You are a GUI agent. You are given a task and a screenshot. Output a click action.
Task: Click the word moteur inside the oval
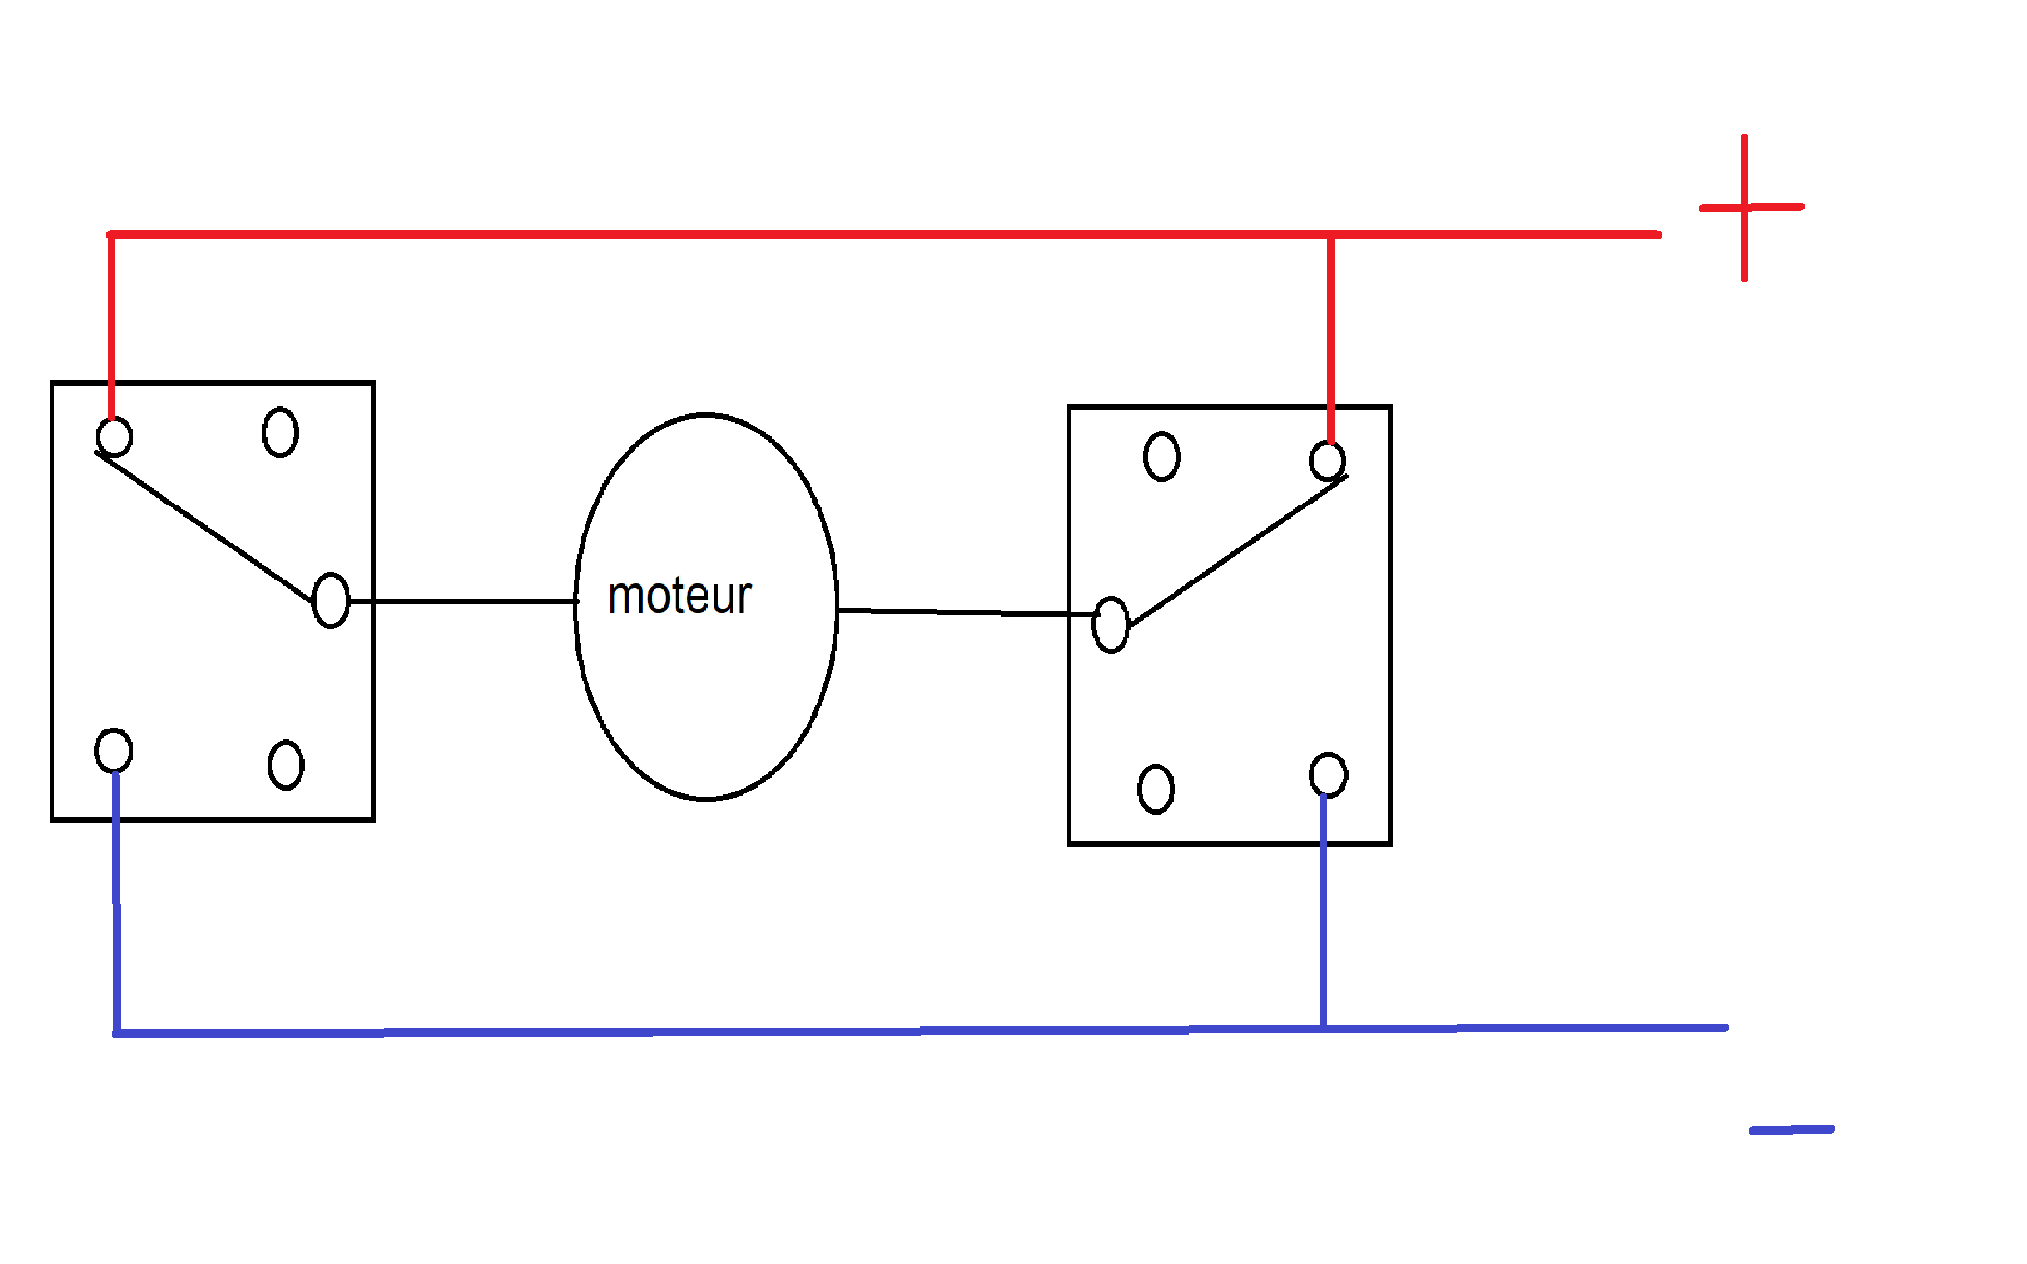pyautogui.click(x=680, y=597)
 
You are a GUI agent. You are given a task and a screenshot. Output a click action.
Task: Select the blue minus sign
pyautogui.click(x=1791, y=1129)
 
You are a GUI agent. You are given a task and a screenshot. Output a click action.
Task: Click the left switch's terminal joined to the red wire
pyautogui.click(x=114, y=437)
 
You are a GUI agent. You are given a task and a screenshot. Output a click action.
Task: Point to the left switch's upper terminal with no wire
pyautogui.click(x=280, y=432)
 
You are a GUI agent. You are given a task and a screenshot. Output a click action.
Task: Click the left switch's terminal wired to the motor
pyautogui.click(x=331, y=600)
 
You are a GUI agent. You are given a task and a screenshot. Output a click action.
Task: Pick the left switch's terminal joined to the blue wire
pyautogui.click(x=114, y=750)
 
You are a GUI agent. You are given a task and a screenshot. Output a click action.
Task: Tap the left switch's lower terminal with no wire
pyautogui.click(x=286, y=765)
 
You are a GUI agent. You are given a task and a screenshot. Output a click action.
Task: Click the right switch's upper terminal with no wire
pyautogui.click(x=1162, y=456)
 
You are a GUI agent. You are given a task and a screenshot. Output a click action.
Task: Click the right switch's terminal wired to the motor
pyautogui.click(x=1111, y=625)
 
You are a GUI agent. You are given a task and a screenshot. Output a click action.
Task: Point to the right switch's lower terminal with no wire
pyautogui.click(x=1156, y=789)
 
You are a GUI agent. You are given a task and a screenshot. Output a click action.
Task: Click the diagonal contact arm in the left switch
pyautogui.click(x=205, y=529)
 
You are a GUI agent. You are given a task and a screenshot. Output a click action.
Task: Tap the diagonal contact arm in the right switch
pyautogui.click(x=1237, y=552)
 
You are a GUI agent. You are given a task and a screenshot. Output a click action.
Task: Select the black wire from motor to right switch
pyautogui.click(x=961, y=613)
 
